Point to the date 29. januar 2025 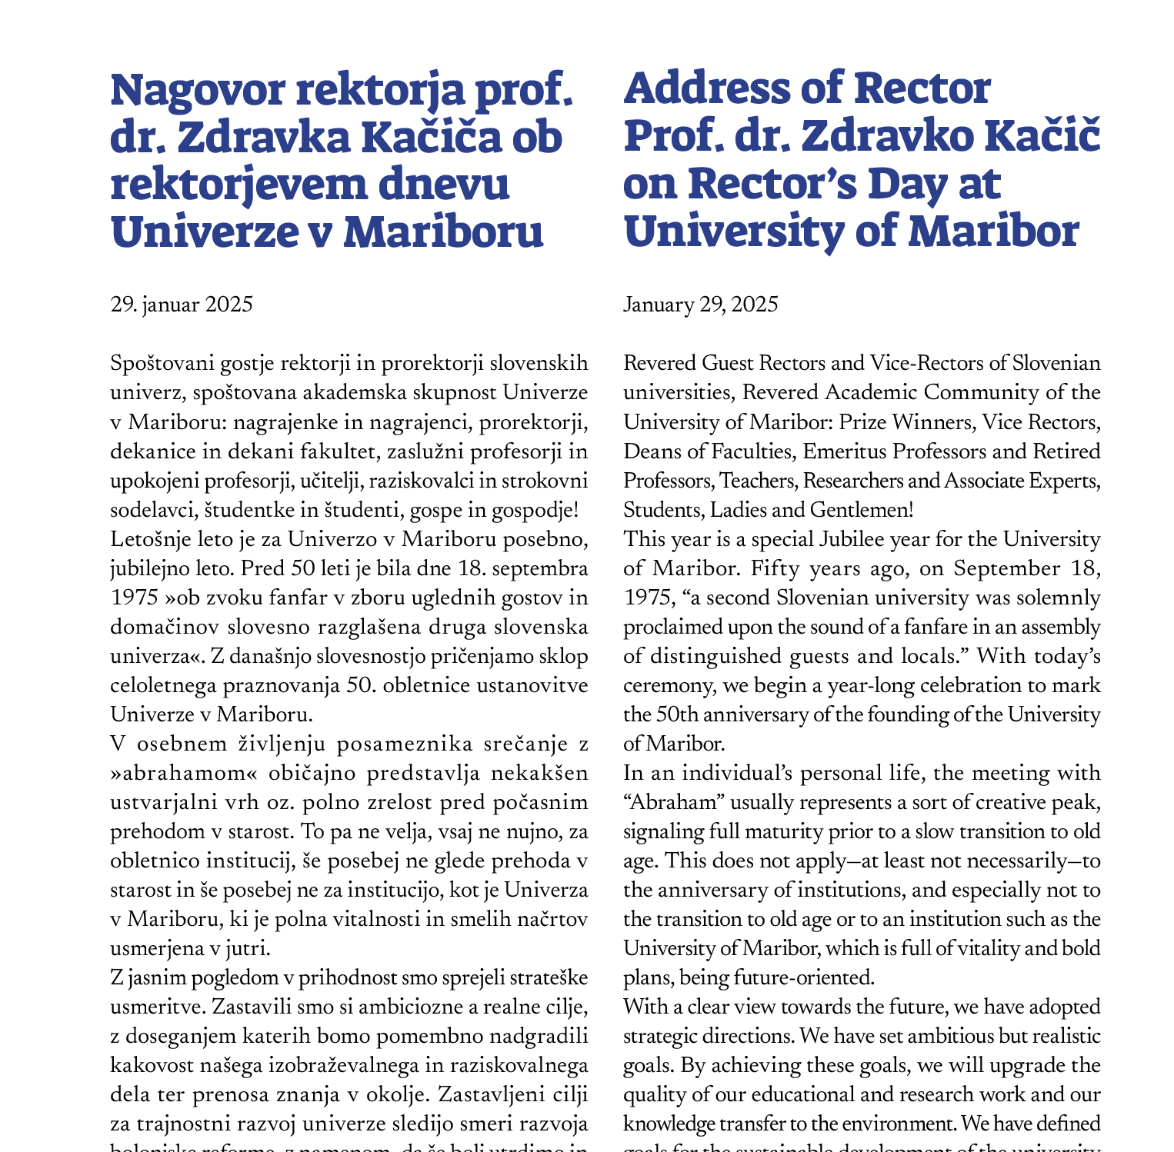pyautogui.click(x=182, y=305)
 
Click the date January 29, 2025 pyautogui.click(x=700, y=305)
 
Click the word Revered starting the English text pyautogui.click(x=656, y=363)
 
